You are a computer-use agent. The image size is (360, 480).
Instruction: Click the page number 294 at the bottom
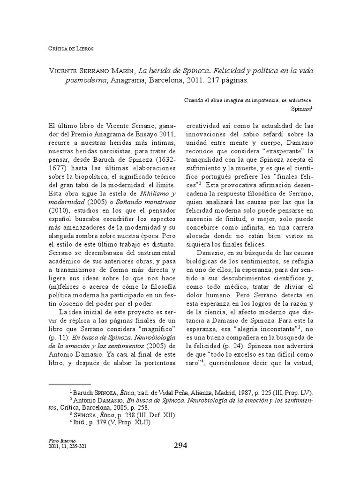[180, 446]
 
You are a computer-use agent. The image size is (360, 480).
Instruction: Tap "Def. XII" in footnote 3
[151, 415]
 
